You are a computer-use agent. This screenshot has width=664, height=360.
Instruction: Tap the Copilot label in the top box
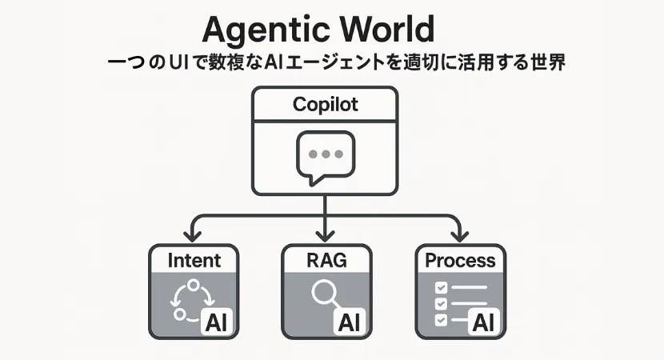click(325, 105)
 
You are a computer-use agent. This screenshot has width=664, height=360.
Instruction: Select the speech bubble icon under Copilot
click(325, 156)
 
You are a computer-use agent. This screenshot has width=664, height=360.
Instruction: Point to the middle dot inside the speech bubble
click(325, 153)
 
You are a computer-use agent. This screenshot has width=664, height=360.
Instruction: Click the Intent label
click(194, 260)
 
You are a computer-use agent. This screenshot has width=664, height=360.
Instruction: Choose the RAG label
click(326, 260)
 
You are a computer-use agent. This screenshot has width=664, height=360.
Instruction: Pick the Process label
click(460, 260)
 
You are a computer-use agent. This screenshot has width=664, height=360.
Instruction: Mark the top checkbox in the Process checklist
click(440, 287)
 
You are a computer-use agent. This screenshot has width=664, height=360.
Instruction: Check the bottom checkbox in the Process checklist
click(440, 320)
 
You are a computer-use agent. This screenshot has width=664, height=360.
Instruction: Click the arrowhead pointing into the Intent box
click(193, 236)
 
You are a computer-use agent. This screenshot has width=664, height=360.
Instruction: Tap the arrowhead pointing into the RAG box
click(326, 236)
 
